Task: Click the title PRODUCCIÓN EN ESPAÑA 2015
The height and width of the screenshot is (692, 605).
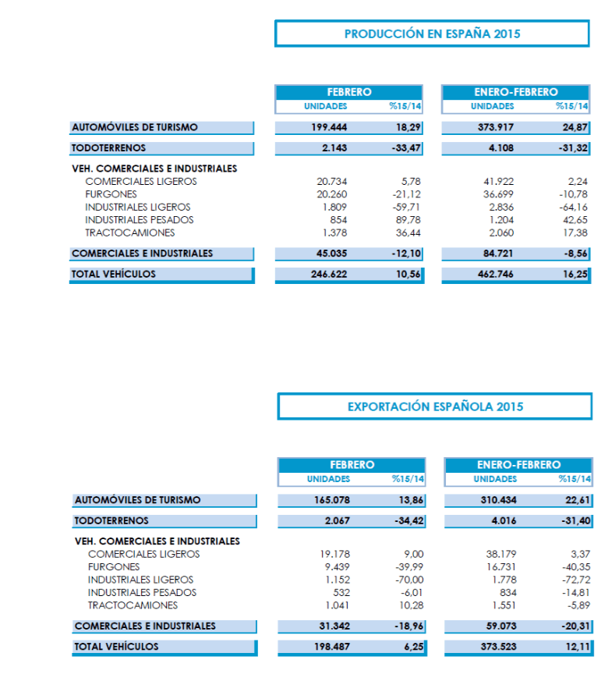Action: click(432, 34)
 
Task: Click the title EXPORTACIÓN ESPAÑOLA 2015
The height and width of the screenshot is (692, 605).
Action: click(435, 406)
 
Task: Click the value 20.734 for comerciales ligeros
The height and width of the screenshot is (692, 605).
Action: click(331, 181)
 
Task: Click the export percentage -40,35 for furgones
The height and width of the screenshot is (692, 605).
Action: click(575, 567)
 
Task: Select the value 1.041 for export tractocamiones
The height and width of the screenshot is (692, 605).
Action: click(338, 605)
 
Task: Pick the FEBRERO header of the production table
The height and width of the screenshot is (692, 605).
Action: click(348, 92)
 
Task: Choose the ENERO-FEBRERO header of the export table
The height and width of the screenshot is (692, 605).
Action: click(518, 465)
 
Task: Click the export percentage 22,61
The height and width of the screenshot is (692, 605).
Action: click(578, 500)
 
